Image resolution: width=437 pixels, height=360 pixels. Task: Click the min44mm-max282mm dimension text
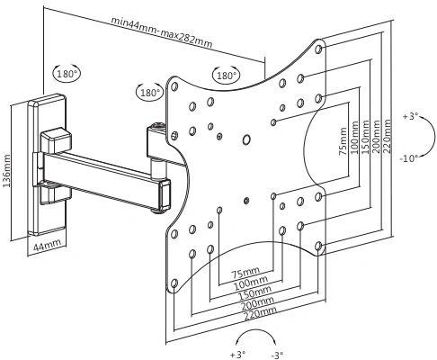162,32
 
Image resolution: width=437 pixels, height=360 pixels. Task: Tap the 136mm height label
6,170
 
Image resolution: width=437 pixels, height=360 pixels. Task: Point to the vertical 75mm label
343,141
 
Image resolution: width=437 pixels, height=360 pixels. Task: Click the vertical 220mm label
387,136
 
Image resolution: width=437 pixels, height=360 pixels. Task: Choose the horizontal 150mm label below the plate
255,292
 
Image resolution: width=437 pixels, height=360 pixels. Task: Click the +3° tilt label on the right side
410,116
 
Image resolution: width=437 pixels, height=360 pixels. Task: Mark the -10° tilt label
409,158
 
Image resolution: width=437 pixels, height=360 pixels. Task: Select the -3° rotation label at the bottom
277,355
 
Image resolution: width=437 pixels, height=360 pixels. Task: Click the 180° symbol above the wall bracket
67,73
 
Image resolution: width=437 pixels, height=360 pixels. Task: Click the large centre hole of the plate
246,139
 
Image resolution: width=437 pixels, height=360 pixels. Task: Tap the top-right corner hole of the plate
319,49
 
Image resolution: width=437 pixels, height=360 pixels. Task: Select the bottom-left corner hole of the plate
174,283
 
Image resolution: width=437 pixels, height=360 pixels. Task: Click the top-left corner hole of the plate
174,86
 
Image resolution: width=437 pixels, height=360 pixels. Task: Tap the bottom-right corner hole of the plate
319,247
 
